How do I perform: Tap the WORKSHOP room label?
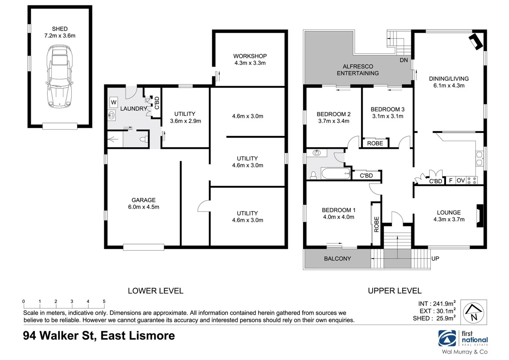tap(250, 56)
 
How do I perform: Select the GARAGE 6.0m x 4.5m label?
tap(144, 203)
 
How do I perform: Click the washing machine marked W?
tap(114, 102)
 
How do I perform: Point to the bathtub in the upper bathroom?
tap(336, 174)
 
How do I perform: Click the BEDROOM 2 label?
tap(333, 114)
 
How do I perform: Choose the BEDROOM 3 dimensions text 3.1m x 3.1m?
tap(388, 116)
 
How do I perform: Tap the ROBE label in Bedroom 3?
tap(375, 143)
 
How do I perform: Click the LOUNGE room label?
tap(449, 212)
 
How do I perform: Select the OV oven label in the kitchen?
tap(461, 180)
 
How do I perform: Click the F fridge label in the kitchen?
tap(451, 180)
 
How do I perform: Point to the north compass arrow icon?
tap(474, 312)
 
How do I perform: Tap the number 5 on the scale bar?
tap(104, 301)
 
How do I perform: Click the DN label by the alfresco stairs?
tap(404, 60)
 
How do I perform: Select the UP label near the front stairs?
tap(435, 258)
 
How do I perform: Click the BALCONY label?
tap(337, 259)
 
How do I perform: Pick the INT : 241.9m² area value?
tap(437, 304)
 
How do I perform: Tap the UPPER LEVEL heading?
tap(395, 291)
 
